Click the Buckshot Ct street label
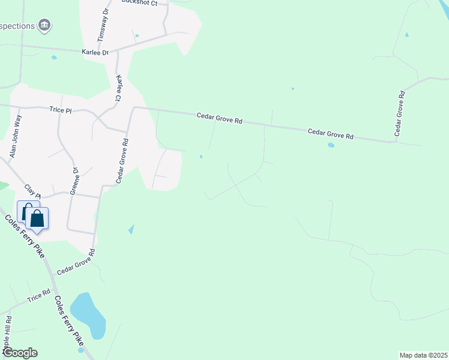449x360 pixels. coord(139,3)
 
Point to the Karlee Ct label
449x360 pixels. coord(119,88)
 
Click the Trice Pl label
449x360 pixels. coord(60,110)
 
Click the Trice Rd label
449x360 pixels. coord(38,296)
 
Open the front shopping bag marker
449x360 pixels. coord(37,220)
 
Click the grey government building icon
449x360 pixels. coord(44,25)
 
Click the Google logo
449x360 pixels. coord(19,353)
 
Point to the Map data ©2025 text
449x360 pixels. coord(423,355)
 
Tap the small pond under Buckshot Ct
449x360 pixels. coord(137,35)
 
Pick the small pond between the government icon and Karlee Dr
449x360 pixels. coord(54,58)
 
